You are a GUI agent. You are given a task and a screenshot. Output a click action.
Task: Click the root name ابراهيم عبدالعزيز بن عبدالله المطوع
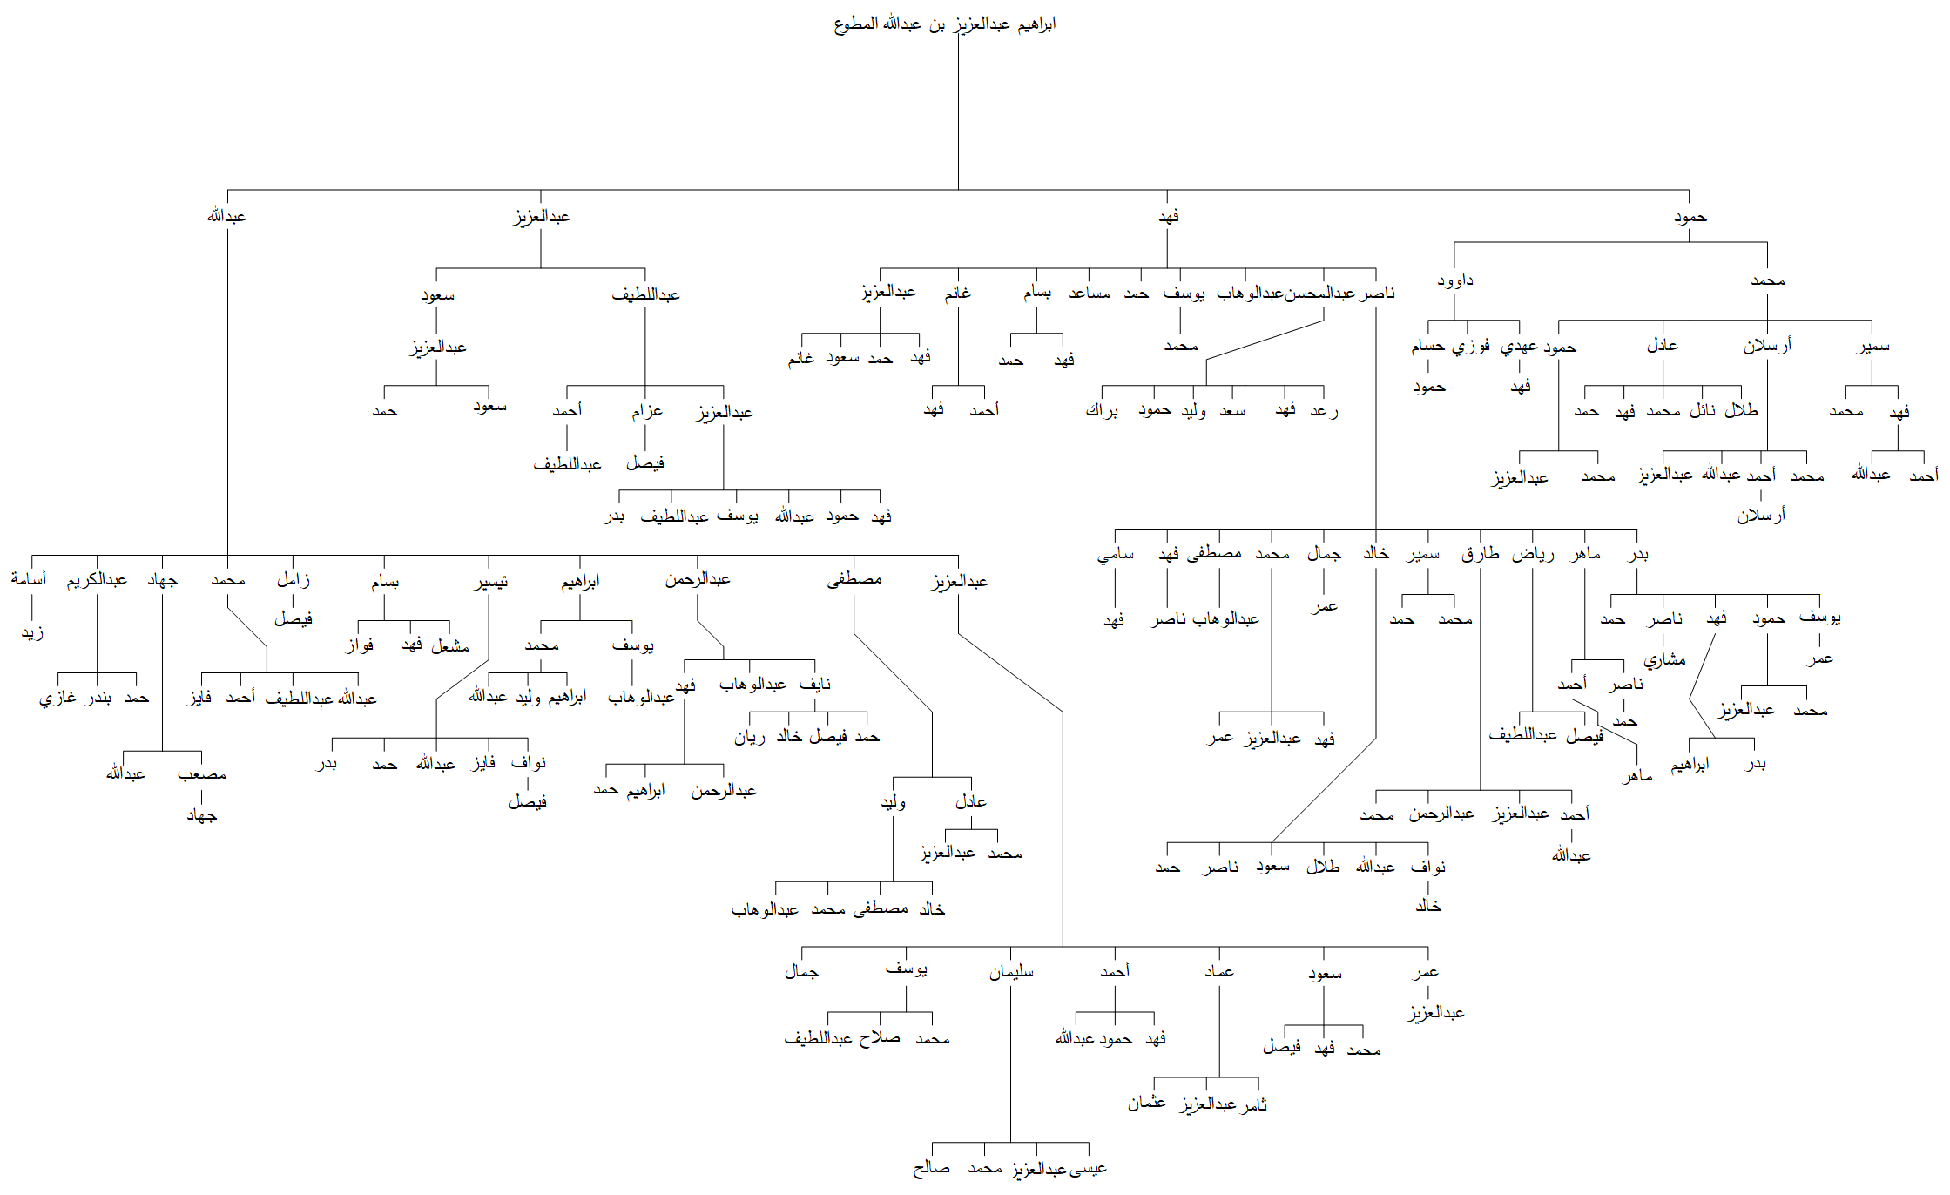pos(945,24)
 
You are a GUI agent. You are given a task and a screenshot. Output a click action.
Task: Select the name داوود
pos(1455,280)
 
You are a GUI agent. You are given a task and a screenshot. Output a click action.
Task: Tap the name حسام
pos(1428,346)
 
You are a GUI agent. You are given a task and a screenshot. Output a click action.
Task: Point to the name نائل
pos(1703,410)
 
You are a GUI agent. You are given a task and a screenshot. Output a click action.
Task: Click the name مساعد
pos(1090,294)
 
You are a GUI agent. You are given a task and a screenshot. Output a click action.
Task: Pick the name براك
pos(1102,410)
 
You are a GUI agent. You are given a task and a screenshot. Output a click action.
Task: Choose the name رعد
pos(1324,410)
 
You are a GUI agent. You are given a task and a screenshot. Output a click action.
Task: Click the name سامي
pos(1116,554)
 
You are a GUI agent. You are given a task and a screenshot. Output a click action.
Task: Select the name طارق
pos(1480,554)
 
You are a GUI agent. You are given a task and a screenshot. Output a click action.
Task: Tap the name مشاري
pos(1664,660)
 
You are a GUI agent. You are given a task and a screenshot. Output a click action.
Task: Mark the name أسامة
pos(29,579)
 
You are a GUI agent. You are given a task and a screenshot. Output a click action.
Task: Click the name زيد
pos(32,632)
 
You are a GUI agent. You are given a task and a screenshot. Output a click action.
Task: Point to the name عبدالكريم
pos(97,579)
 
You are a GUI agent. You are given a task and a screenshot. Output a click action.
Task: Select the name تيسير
pos(490,582)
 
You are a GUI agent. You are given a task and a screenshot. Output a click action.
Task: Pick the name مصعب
pos(201,774)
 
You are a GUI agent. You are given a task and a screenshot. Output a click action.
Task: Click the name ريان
pos(750,737)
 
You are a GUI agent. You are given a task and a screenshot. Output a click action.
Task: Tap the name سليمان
pos(1011,972)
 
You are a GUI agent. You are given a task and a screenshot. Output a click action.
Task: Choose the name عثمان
pos(1147,1103)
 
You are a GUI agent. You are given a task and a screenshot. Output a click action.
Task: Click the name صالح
pos(932,1168)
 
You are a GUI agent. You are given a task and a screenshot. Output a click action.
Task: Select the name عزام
pos(647,411)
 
